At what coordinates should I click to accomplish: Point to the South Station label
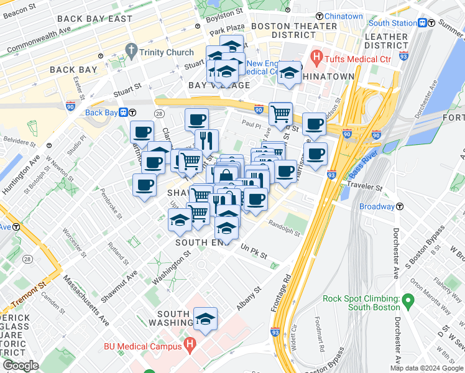[x=392, y=23]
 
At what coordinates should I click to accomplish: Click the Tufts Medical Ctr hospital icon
[x=316, y=59]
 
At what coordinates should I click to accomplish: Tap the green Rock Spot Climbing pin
[x=408, y=302]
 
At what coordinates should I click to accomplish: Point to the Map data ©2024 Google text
[x=426, y=368]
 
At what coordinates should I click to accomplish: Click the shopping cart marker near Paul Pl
[x=281, y=114]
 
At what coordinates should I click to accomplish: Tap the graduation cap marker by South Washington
[x=205, y=319]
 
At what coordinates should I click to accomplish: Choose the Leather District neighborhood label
[x=385, y=41]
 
